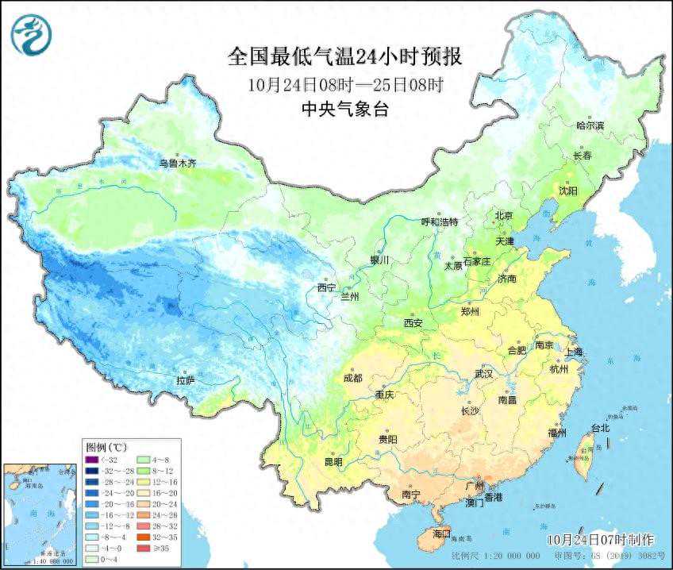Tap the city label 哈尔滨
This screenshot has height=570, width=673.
[x=590, y=125]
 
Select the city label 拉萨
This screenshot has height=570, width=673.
[x=185, y=380]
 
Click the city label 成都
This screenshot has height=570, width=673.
[x=353, y=378]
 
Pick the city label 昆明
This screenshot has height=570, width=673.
[x=333, y=461]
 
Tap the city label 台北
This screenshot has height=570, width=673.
[x=601, y=428]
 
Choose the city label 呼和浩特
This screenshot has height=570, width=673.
[x=439, y=222]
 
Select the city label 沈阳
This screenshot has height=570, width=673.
[x=567, y=191]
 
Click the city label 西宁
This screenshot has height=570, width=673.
[x=326, y=287]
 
